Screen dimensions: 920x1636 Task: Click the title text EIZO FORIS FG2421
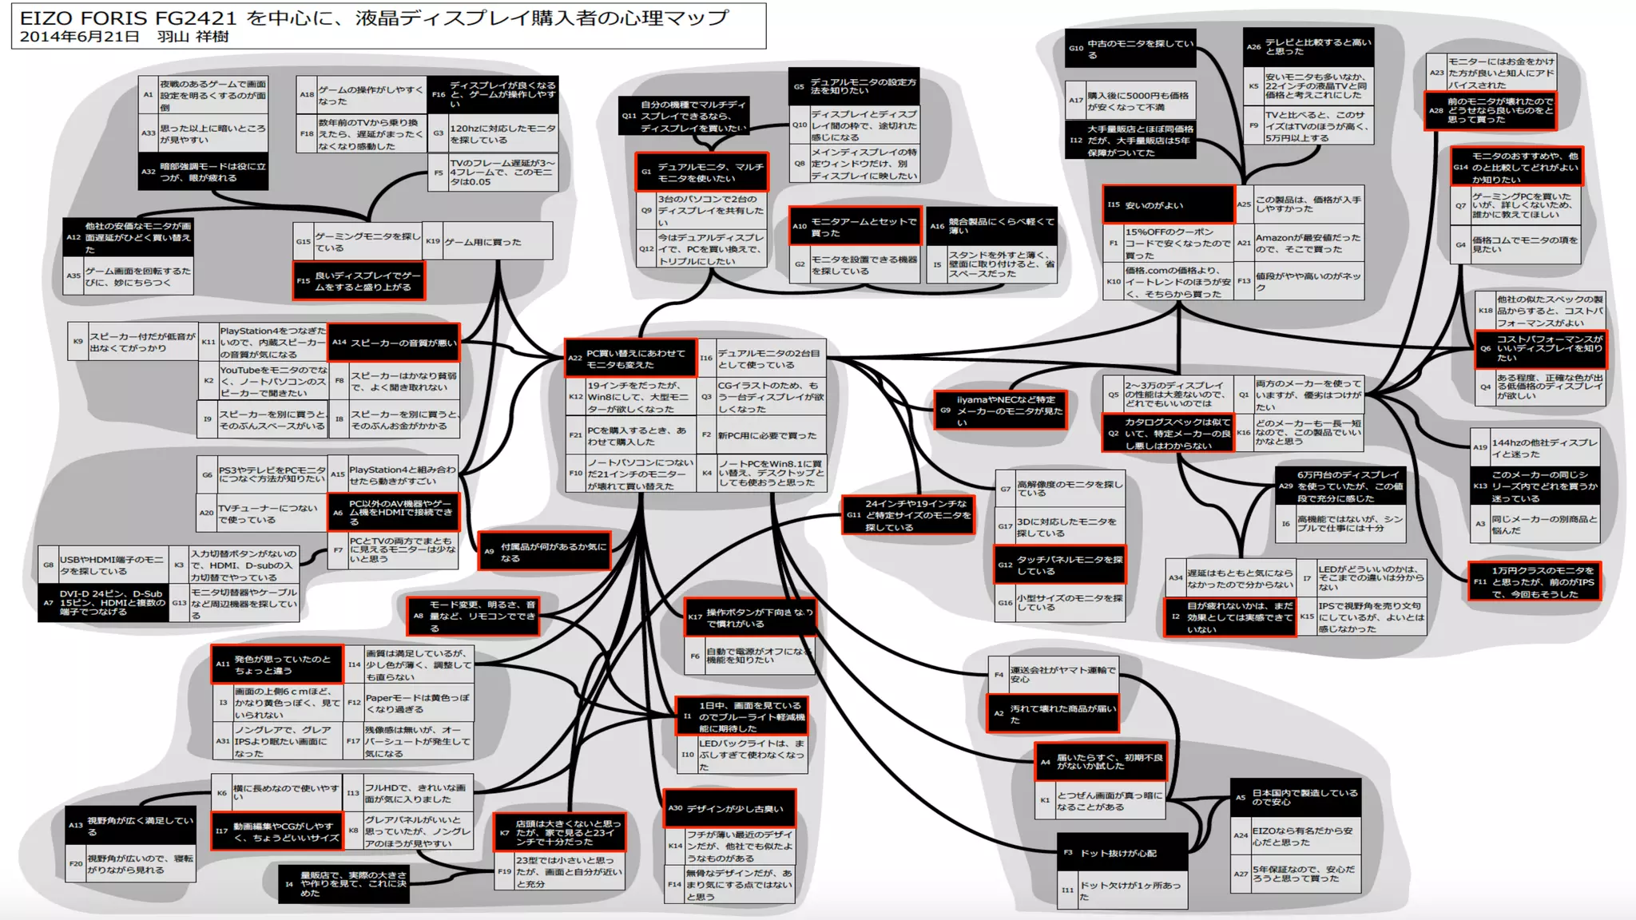click(x=129, y=18)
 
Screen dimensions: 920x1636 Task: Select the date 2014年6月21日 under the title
click(x=79, y=37)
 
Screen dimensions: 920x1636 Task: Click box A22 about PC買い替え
click(x=631, y=359)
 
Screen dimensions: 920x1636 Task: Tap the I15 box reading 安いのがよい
click(x=1168, y=205)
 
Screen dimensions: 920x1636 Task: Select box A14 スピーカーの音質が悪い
click(x=394, y=343)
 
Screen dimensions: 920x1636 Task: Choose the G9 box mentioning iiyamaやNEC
click(x=1001, y=410)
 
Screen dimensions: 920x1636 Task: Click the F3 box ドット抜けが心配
click(x=1122, y=853)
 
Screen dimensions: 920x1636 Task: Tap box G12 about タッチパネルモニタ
click(x=1059, y=565)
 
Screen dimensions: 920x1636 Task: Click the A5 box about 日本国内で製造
click(x=1295, y=797)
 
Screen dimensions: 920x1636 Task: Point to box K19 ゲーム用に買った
click(x=486, y=241)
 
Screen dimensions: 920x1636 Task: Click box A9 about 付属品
click(x=544, y=552)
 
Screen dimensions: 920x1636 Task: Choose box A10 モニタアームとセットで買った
click(x=855, y=227)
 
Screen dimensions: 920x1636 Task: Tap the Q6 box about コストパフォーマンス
click(x=1539, y=348)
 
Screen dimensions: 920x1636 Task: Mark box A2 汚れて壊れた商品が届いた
click(x=1053, y=714)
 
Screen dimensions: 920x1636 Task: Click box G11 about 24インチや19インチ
click(x=908, y=516)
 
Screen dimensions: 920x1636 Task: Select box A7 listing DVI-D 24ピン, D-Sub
click(x=103, y=603)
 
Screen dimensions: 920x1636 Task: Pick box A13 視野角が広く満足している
click(x=131, y=826)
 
